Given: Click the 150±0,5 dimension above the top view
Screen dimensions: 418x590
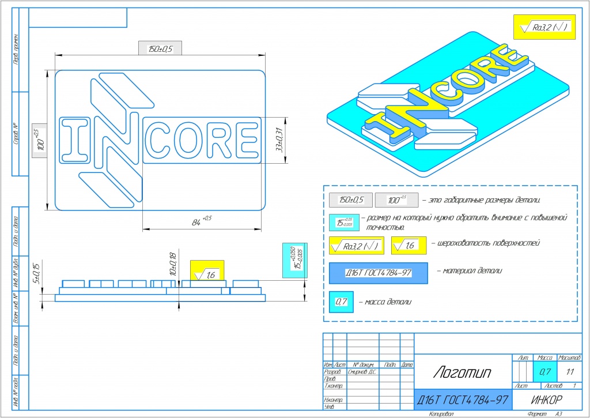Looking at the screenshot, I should point(160,48).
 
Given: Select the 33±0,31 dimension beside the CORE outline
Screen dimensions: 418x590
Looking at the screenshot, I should point(280,140).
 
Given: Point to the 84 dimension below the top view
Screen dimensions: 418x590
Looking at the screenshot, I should point(199,220).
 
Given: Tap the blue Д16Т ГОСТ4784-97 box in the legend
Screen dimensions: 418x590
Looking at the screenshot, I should point(378,273).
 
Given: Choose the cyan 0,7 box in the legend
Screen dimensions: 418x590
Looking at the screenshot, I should point(341,301).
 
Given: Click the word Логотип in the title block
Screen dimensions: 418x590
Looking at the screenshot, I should point(462,373).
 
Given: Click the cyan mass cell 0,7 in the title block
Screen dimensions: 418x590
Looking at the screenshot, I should point(543,372).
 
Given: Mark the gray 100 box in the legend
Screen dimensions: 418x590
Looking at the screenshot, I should point(395,200).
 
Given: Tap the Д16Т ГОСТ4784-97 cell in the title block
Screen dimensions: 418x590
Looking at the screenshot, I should point(463,399).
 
